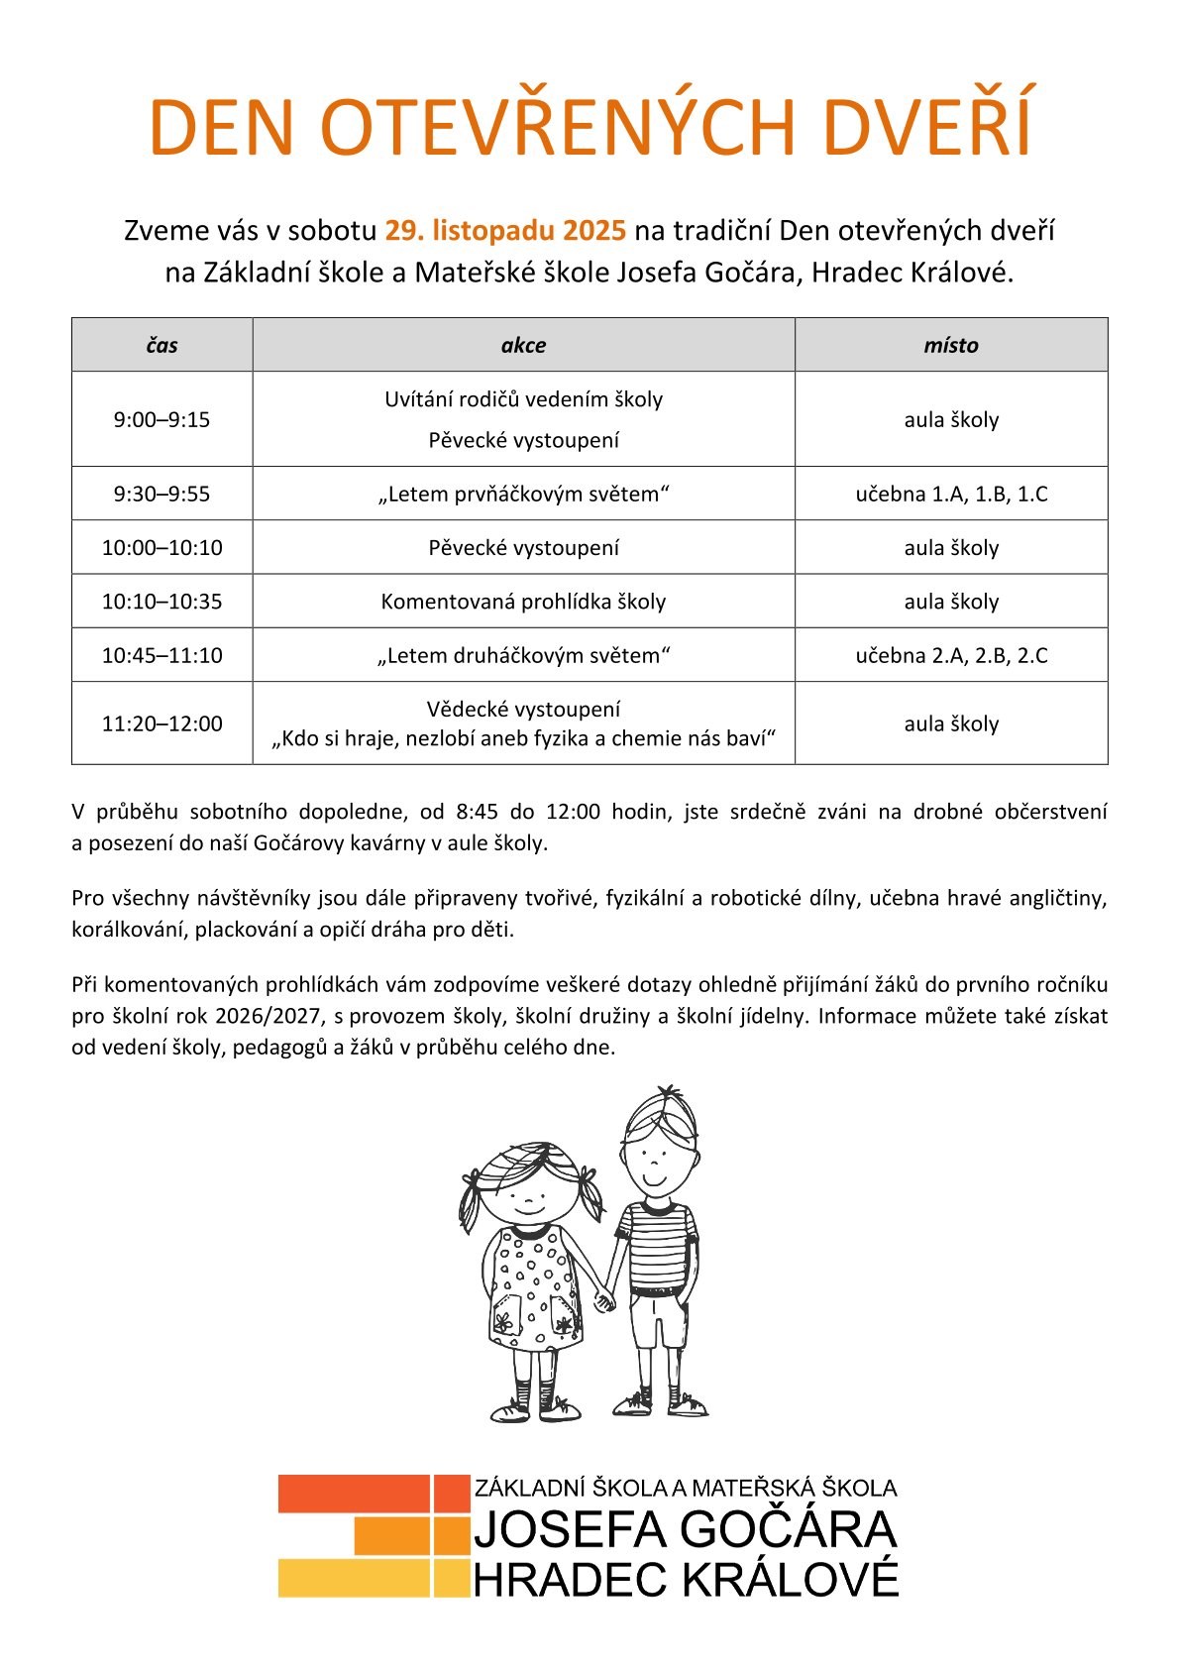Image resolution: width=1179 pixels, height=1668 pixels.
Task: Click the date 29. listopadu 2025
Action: point(505,231)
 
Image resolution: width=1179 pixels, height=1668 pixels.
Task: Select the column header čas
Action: point(161,345)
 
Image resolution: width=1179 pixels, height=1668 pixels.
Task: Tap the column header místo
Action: point(950,345)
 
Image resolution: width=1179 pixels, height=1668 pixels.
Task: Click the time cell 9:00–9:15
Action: point(161,419)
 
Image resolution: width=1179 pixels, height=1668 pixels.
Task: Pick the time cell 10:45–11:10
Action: point(161,655)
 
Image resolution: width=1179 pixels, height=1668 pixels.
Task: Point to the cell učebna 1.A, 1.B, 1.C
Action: point(951,494)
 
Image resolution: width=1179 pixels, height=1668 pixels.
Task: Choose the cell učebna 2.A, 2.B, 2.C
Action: point(951,655)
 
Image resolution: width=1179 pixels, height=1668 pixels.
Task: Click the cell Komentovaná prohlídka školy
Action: point(523,602)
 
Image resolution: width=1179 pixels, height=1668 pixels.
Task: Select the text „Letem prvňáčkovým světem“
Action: point(523,494)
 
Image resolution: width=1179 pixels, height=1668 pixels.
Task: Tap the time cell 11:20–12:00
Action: point(161,723)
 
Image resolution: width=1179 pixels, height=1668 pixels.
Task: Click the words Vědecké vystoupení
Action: point(523,709)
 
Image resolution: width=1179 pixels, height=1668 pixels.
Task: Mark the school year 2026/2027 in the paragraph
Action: point(272,1016)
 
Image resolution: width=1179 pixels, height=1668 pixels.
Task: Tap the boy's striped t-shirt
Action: point(657,1244)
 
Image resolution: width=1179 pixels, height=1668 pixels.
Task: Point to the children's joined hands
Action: point(603,1297)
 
